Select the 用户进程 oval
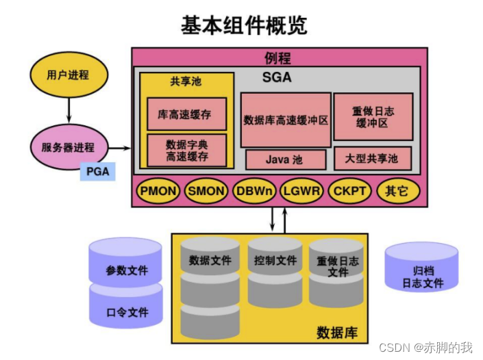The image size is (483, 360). pyautogui.click(x=69, y=74)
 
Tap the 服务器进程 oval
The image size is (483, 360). pyautogui.click(x=69, y=147)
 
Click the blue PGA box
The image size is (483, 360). pyautogui.click(x=97, y=172)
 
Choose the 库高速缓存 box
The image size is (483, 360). pyautogui.click(x=186, y=113)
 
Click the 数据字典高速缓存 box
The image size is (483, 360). pyautogui.click(x=186, y=151)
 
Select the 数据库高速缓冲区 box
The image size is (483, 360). pyautogui.click(x=286, y=120)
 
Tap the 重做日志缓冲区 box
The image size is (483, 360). pyautogui.click(x=373, y=117)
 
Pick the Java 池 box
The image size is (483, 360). pyautogui.click(x=286, y=159)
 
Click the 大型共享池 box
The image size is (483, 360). pyautogui.click(x=373, y=159)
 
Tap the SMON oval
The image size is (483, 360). pyautogui.click(x=206, y=191)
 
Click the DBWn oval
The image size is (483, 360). pyautogui.click(x=254, y=191)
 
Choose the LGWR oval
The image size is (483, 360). pyautogui.click(x=301, y=191)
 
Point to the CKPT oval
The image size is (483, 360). pyautogui.click(x=349, y=191)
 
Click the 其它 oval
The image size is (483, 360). pyautogui.click(x=397, y=191)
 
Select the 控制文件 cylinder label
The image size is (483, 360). pyautogui.click(x=275, y=261)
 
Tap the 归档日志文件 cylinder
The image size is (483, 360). pyautogui.click(x=422, y=275)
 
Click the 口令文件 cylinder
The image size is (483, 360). pyautogui.click(x=126, y=312)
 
